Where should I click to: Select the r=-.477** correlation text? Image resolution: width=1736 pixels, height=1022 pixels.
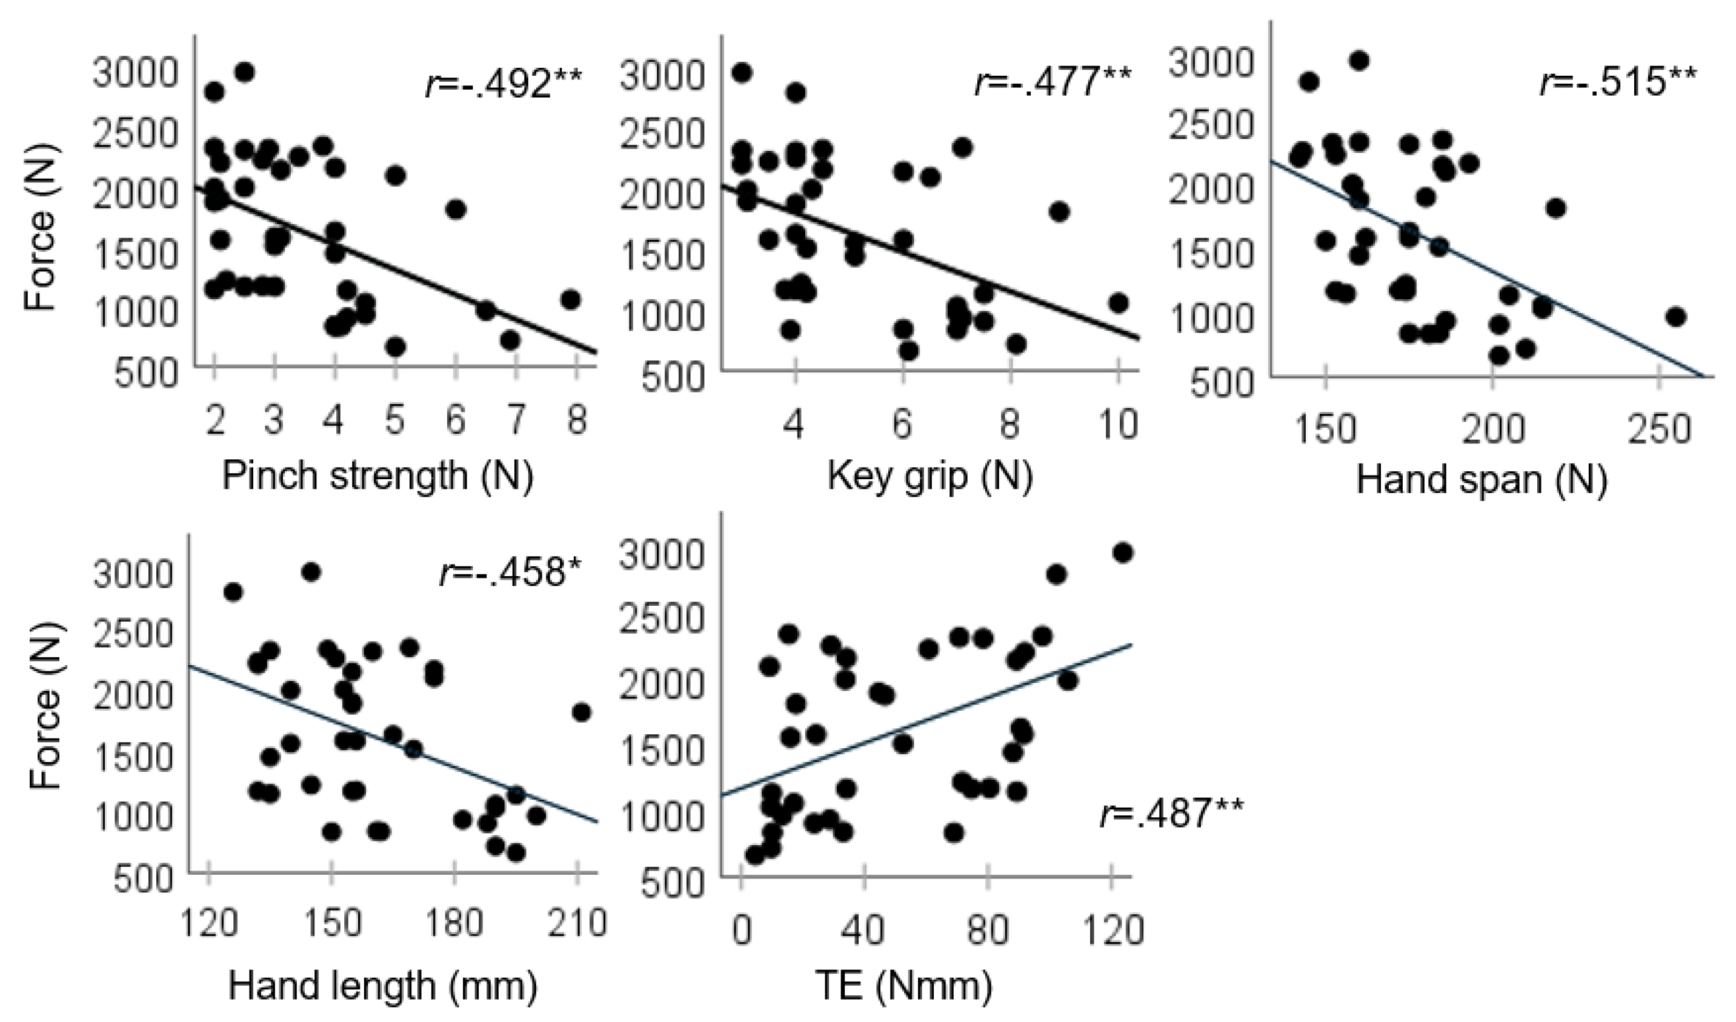pos(1053,82)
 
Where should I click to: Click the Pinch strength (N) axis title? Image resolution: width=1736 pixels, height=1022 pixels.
pos(377,477)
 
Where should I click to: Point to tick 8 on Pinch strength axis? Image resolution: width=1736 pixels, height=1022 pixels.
pos(576,420)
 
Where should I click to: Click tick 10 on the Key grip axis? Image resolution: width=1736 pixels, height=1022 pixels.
pos(1117,425)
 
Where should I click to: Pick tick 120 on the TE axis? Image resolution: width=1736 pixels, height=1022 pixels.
pos(1112,931)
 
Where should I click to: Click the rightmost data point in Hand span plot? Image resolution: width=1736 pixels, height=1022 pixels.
pos(1676,317)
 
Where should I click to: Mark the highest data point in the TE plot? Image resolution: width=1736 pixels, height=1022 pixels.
pos(1123,553)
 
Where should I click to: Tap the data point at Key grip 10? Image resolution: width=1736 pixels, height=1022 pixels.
pos(1118,303)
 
